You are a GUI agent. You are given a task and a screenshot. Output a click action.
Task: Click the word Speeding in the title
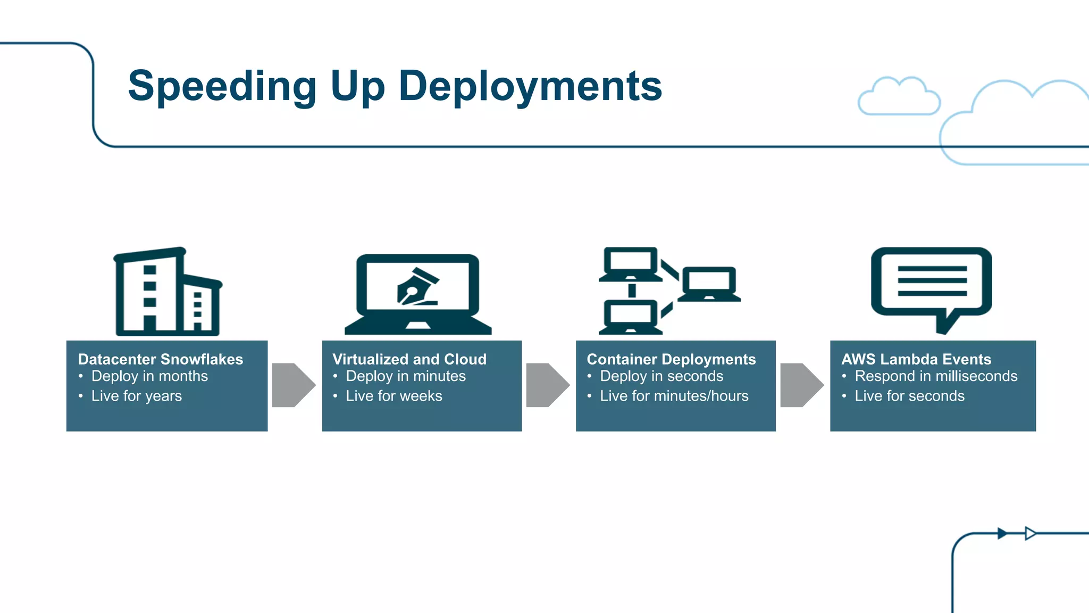click(222, 87)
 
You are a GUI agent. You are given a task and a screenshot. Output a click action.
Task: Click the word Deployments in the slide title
click(530, 87)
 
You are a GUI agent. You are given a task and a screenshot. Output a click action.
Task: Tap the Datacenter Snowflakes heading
click(160, 359)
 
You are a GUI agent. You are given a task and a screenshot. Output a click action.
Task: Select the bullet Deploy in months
click(149, 376)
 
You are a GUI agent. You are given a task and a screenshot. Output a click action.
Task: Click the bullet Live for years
click(136, 396)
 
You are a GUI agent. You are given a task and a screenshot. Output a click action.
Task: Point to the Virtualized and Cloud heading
click(409, 359)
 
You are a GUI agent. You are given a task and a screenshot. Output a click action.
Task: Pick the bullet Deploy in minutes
click(405, 376)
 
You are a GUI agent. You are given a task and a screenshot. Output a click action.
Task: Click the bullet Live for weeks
click(393, 396)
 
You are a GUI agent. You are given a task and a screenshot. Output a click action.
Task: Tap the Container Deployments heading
click(671, 359)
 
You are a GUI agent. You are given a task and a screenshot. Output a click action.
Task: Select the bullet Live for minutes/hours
click(674, 396)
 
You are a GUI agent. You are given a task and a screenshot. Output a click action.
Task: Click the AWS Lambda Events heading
click(916, 359)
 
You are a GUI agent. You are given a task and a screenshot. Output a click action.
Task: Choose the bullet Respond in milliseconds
click(935, 376)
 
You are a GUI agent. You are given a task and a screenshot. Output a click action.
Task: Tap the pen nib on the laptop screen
click(417, 288)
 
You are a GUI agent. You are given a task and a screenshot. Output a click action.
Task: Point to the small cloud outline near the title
click(899, 97)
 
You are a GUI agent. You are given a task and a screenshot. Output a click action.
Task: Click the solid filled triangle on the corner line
click(1002, 533)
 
